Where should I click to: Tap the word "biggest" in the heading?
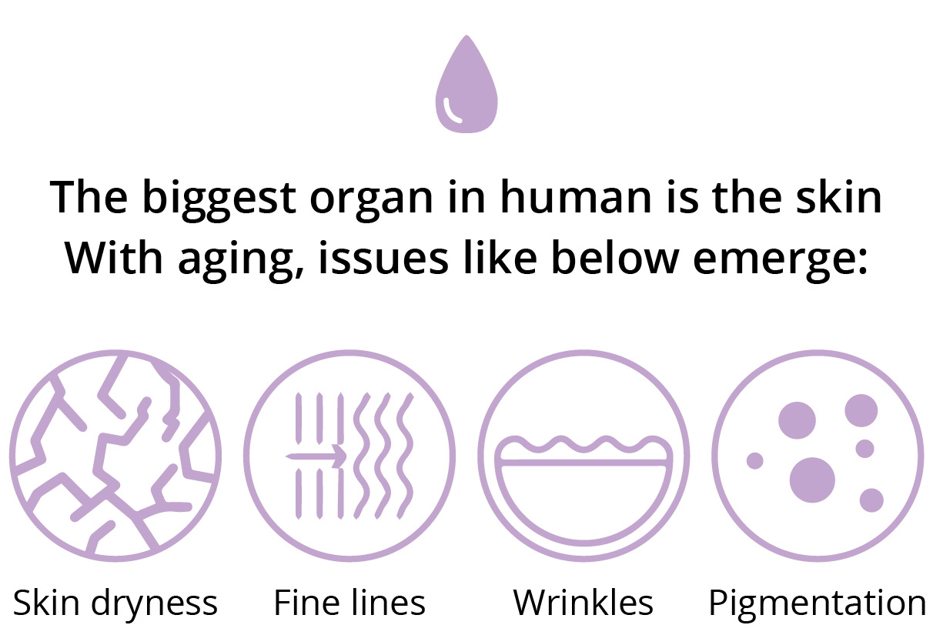click(219, 200)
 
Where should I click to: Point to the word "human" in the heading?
click(576, 196)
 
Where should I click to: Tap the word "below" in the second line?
click(615, 257)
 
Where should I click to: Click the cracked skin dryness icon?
click(115, 456)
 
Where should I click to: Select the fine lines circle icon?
click(349, 456)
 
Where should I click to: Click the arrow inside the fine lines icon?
click(316, 456)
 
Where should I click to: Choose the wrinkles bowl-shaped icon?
click(584, 456)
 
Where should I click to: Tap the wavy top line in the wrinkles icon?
click(584, 445)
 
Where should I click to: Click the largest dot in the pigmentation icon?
click(812, 480)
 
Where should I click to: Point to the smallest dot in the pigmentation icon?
click(754, 461)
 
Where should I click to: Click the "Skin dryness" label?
click(115, 603)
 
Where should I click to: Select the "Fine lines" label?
click(349, 603)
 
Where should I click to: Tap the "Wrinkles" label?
click(584, 603)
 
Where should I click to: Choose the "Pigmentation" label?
click(818, 603)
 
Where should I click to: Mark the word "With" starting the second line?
click(114, 257)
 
